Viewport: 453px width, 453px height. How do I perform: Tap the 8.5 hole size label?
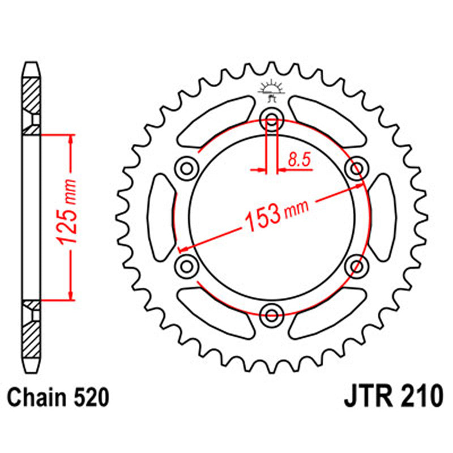coord(298,160)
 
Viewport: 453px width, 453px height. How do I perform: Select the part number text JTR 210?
coord(392,396)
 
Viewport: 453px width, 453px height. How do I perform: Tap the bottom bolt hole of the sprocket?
coord(271,314)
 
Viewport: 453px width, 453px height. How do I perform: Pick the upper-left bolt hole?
coord(186,168)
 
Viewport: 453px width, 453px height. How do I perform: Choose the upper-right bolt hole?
coord(356,168)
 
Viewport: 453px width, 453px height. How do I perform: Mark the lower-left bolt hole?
coord(186,264)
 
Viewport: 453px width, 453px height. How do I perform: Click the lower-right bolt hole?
coord(356,264)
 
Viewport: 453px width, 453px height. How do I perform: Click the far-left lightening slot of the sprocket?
coord(160,216)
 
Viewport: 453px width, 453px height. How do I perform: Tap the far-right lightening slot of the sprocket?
coord(383,216)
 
